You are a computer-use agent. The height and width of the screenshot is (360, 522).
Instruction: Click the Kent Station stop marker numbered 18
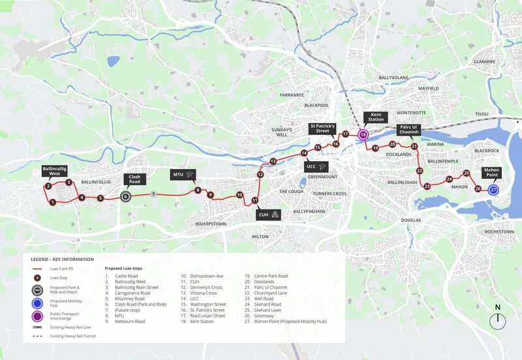pos(363,134)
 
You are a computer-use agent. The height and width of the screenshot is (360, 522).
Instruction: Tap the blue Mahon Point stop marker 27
pos(493,189)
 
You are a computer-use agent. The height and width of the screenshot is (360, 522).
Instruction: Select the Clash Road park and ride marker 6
pos(125,196)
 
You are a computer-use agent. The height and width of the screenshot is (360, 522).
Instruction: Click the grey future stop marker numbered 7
pos(153,194)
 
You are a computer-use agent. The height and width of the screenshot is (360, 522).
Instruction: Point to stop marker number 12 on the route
pos(260,174)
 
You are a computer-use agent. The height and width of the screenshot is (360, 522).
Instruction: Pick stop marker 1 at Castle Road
pos(52,202)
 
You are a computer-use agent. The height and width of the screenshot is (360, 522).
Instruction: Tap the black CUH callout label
pos(268,214)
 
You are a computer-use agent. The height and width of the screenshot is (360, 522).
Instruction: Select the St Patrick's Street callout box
pos(322,128)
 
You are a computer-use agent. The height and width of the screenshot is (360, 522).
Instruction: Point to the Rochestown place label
pos(499,232)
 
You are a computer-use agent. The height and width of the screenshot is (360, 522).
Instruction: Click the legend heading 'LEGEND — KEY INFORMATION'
pos(61,260)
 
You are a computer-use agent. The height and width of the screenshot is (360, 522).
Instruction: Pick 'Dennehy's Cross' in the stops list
pos(206,286)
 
